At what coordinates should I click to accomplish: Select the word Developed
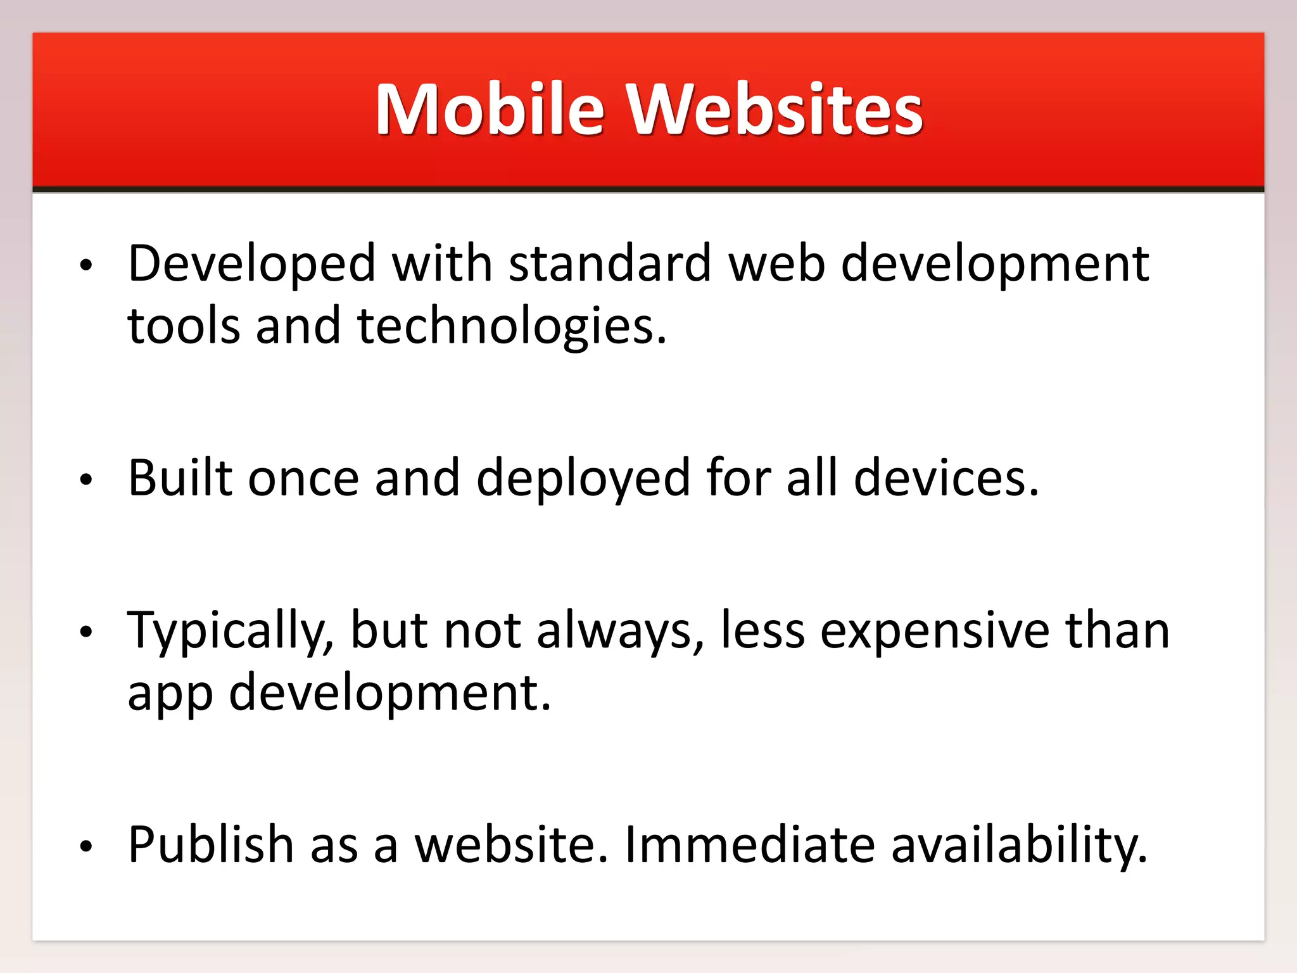click(x=252, y=264)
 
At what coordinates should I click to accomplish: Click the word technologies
click(x=512, y=326)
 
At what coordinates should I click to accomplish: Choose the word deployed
click(x=583, y=478)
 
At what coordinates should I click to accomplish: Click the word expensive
click(x=935, y=631)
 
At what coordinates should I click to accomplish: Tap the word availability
click(x=1019, y=845)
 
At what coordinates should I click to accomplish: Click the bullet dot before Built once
click(x=86, y=480)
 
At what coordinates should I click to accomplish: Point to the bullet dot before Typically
click(x=86, y=632)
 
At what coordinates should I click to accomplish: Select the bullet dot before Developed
click(x=86, y=265)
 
